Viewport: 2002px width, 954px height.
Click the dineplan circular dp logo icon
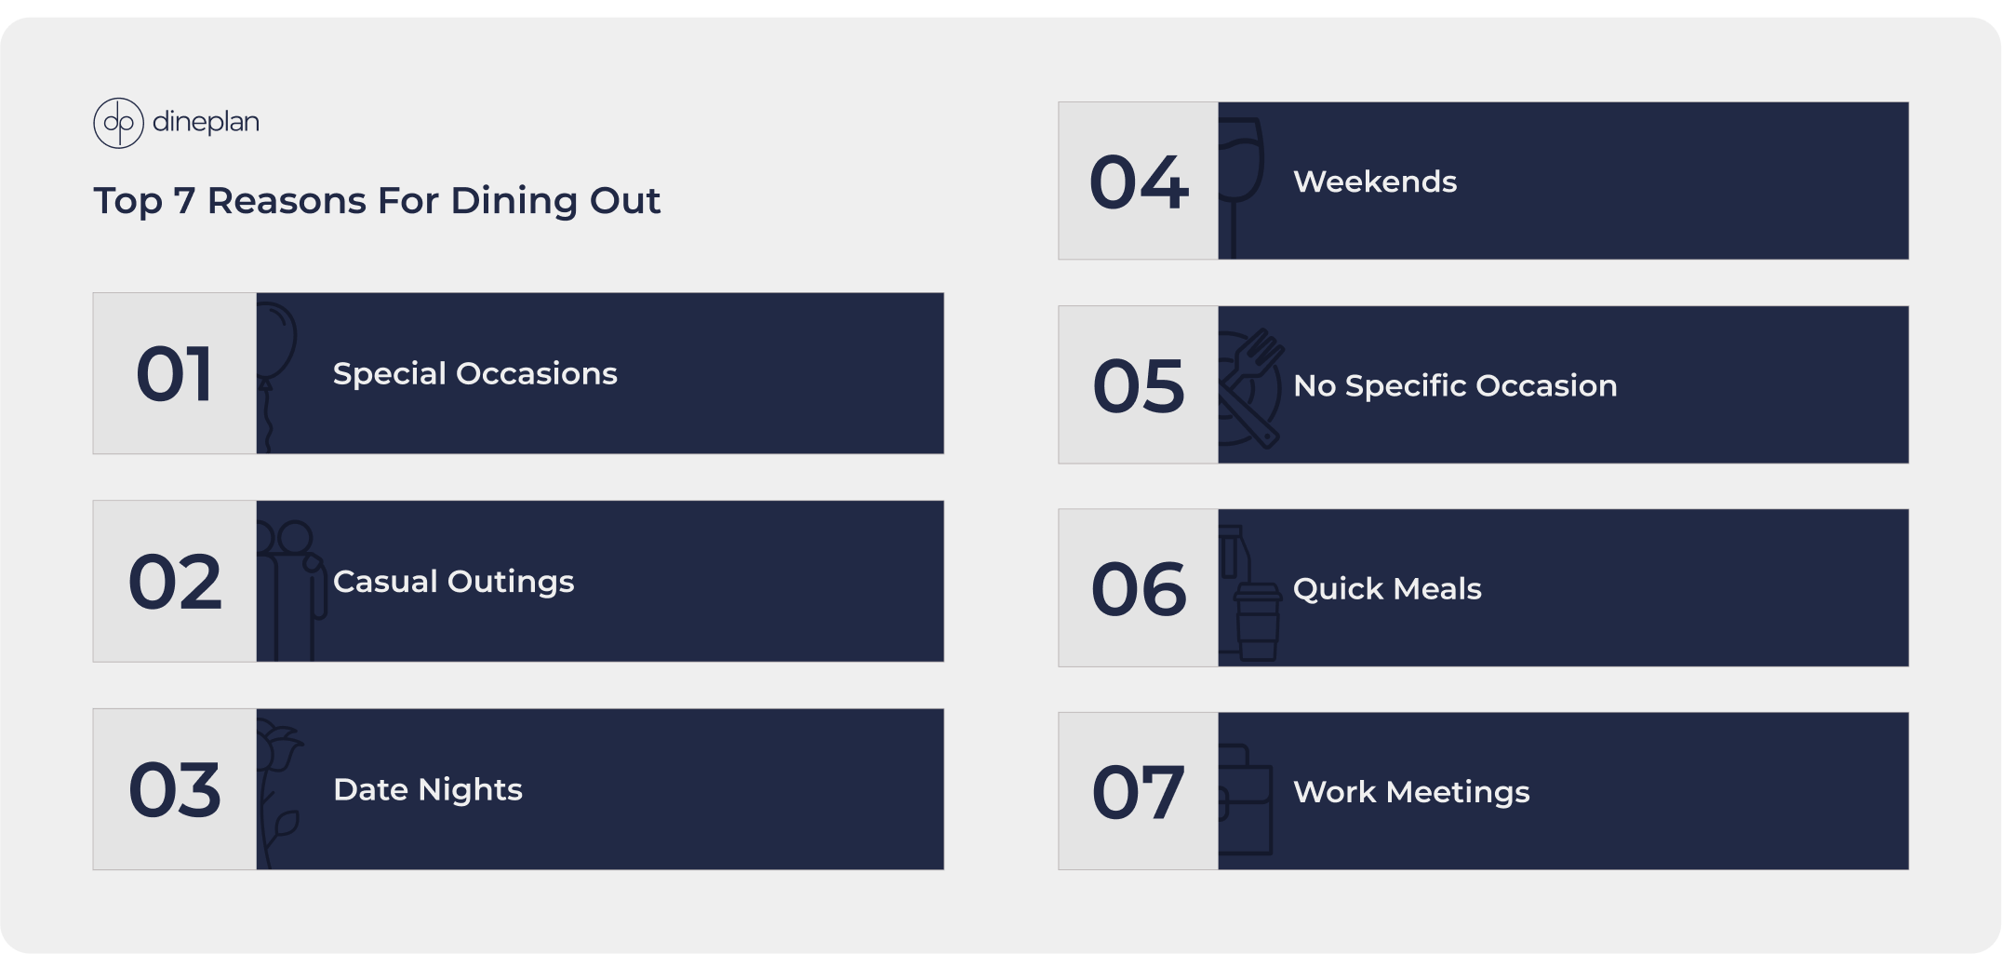(118, 123)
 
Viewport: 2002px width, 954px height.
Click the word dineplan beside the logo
(206, 123)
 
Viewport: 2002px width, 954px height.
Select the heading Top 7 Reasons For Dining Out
(377, 201)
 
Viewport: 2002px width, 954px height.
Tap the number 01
(175, 374)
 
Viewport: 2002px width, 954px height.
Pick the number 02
(175, 582)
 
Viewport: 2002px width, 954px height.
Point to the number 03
(175, 790)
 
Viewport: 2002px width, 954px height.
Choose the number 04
(1139, 181)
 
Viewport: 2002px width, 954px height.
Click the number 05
(1139, 385)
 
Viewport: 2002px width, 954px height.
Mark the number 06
(1139, 589)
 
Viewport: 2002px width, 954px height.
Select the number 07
(1139, 792)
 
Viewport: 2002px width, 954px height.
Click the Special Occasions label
(475, 374)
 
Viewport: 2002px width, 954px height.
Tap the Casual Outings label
(454, 583)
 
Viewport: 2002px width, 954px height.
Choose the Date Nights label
(428, 790)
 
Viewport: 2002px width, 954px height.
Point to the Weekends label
(1375, 181)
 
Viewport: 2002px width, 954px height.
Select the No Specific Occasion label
(1455, 385)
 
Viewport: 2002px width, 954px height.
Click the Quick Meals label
(1387, 589)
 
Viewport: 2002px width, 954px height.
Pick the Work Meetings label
(1411, 792)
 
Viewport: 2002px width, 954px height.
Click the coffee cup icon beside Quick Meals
(1257, 622)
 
